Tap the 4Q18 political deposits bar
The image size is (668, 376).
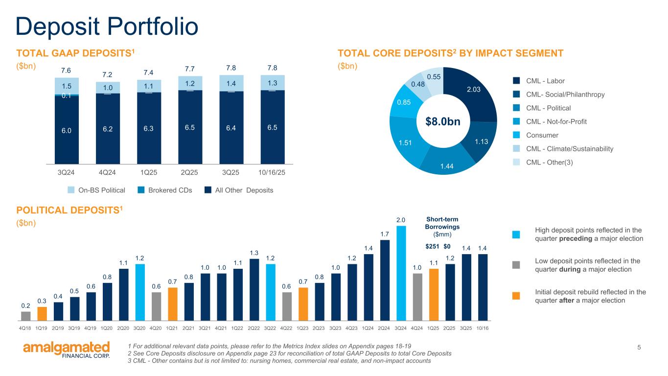26,315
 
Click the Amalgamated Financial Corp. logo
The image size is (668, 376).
67,350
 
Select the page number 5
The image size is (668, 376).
639,348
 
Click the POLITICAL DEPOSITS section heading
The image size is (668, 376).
69,210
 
